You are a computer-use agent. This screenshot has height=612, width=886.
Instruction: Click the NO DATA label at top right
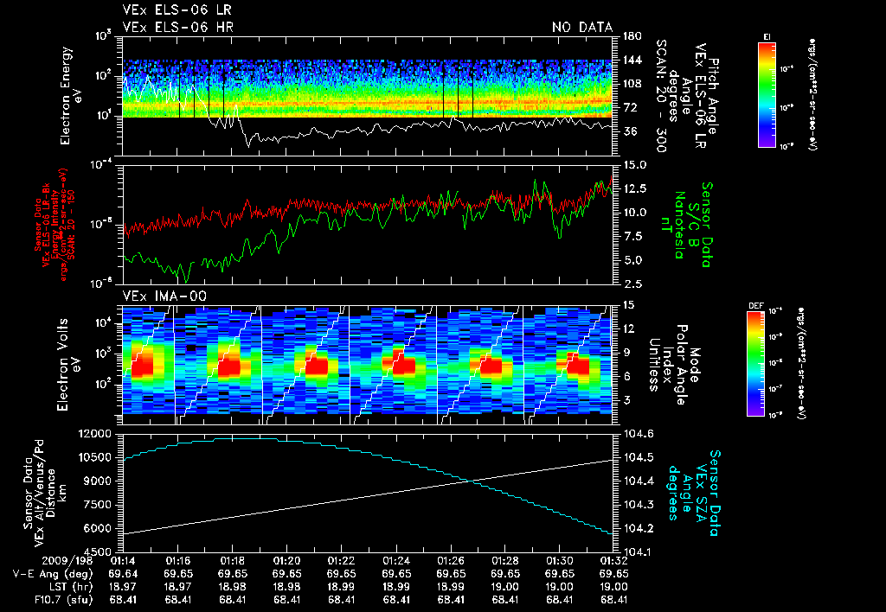581,28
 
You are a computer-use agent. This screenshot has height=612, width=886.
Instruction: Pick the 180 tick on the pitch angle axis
630,36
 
